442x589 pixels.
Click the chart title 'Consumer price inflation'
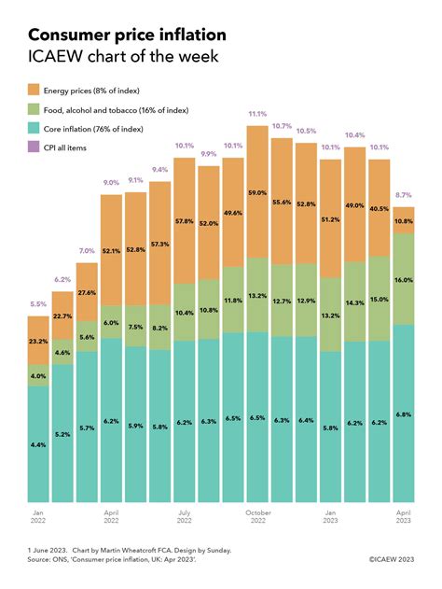coord(127,35)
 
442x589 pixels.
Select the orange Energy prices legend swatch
coord(34,91)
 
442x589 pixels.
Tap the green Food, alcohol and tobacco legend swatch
coord(34,109)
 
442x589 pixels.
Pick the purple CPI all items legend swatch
coord(34,147)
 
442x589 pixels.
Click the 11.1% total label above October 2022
coord(257,114)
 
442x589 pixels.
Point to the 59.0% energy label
coord(257,192)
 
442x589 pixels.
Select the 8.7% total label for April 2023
coord(404,195)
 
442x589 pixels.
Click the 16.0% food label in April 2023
coord(404,280)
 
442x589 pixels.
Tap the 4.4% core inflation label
coord(38,444)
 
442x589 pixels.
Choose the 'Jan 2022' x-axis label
coord(38,516)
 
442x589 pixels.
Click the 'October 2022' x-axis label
coord(258,516)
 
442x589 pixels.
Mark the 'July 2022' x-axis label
coord(185,516)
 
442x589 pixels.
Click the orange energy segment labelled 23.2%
coord(38,340)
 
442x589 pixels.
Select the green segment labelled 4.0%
coord(38,375)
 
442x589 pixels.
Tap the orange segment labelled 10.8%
coord(404,220)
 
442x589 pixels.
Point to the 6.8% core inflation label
coord(404,414)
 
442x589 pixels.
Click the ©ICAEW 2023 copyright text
coord(392,559)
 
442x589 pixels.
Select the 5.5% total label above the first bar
coord(38,304)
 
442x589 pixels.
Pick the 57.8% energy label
coord(185,221)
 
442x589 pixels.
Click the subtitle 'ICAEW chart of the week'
coord(123,56)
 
